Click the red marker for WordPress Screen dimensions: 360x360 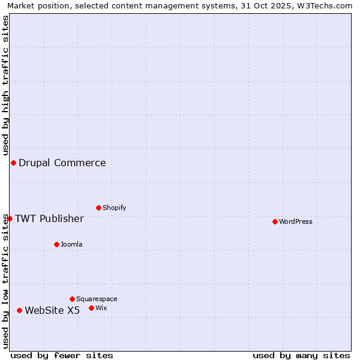[x=275, y=221]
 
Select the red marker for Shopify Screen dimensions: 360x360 [x=98, y=208]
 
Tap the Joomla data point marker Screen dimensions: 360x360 [x=56, y=244]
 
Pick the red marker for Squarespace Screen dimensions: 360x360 [x=72, y=299]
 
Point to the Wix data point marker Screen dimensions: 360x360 [x=91, y=308]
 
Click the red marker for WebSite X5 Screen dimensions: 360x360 [x=19, y=310]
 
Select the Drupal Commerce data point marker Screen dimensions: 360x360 [x=13, y=163]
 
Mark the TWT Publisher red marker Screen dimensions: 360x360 [x=10, y=218]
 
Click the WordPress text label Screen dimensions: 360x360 [x=296, y=221]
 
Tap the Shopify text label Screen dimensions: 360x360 [x=115, y=208]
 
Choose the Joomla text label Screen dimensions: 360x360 [x=71, y=244]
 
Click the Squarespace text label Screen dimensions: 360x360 [x=97, y=299]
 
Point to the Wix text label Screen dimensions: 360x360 [x=101, y=308]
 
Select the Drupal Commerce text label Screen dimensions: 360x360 [x=62, y=163]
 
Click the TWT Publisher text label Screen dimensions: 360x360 [x=49, y=218]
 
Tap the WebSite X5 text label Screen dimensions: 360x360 [x=52, y=310]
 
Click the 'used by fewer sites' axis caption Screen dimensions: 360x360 [x=62, y=355]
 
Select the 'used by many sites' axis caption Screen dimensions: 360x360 [x=301, y=355]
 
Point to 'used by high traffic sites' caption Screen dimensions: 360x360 [x=5, y=84]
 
